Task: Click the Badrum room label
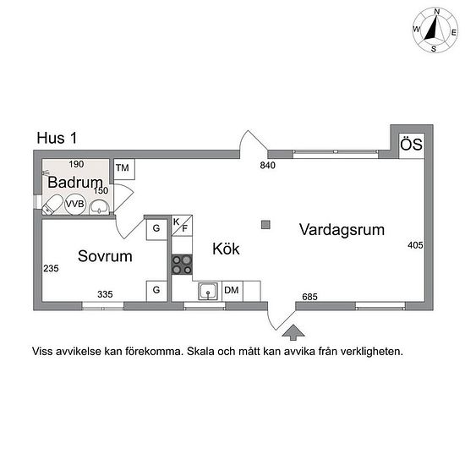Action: pyautogui.click(x=75, y=182)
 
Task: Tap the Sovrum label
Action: pyautogui.click(x=105, y=256)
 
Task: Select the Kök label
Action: pyautogui.click(x=226, y=249)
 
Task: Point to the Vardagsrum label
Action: pyautogui.click(x=342, y=230)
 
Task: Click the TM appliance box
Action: pyautogui.click(x=124, y=169)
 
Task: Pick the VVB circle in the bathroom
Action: pyautogui.click(x=75, y=204)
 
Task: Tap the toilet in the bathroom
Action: pyautogui.click(x=52, y=205)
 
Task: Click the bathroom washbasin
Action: pyautogui.click(x=100, y=207)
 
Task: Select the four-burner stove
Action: pyautogui.click(x=182, y=265)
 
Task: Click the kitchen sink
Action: pyautogui.click(x=208, y=291)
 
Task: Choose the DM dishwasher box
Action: pyautogui.click(x=232, y=291)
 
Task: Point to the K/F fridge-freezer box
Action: pyautogui.click(x=182, y=226)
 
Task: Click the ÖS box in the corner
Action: pyautogui.click(x=412, y=145)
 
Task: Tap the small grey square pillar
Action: pyautogui.click(x=265, y=225)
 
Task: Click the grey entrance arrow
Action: pyautogui.click(x=293, y=332)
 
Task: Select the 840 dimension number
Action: pyautogui.click(x=267, y=165)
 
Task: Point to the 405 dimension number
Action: pyautogui.click(x=415, y=245)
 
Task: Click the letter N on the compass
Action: pyautogui.click(x=437, y=12)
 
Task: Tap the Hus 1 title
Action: pyautogui.click(x=57, y=138)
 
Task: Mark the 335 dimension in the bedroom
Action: pyautogui.click(x=105, y=294)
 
